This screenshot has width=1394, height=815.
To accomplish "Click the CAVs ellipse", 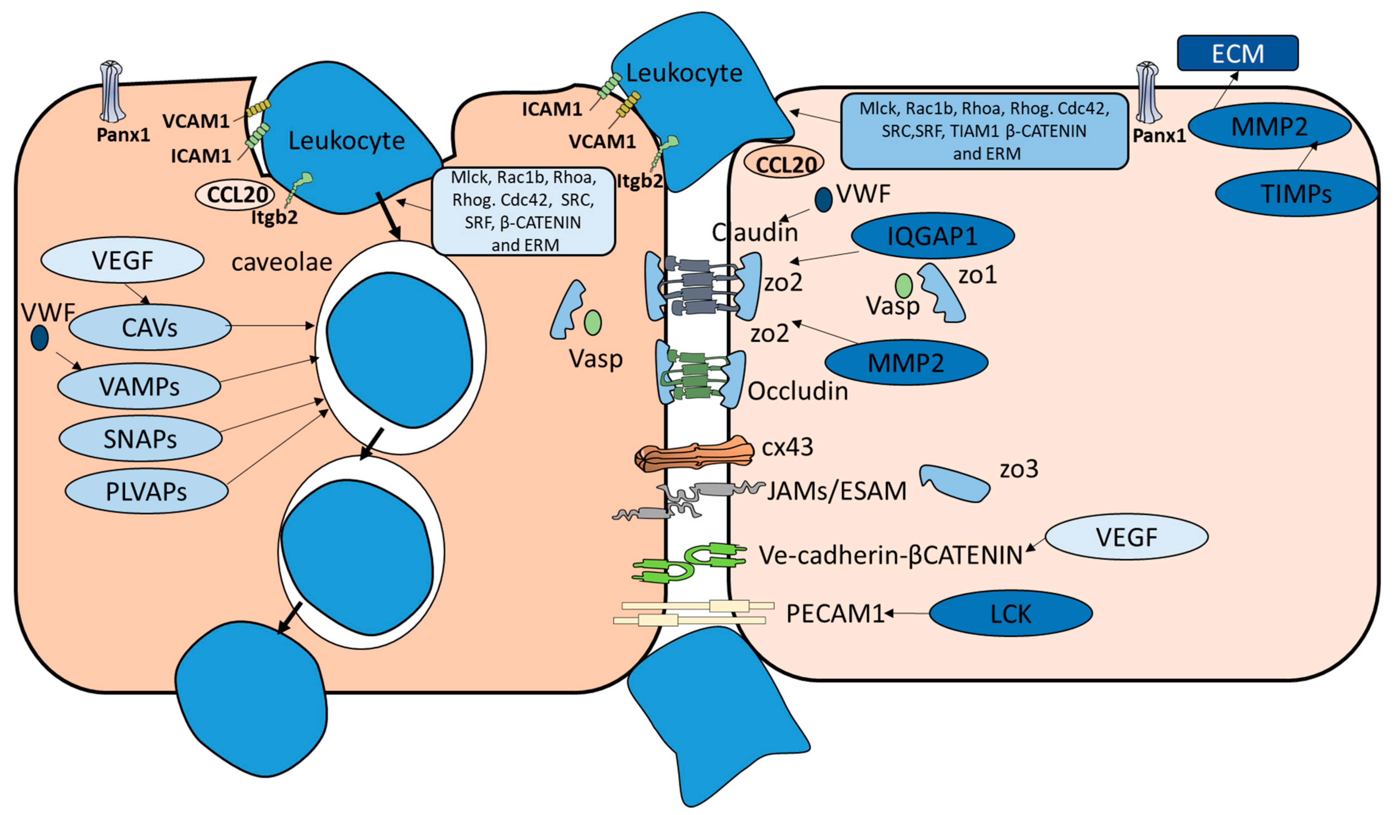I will click(149, 328).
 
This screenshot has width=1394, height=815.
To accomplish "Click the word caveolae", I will click(282, 262).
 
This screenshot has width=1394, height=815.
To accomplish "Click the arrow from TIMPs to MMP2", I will click(1306, 156).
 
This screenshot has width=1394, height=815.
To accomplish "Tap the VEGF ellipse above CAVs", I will click(122, 260).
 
